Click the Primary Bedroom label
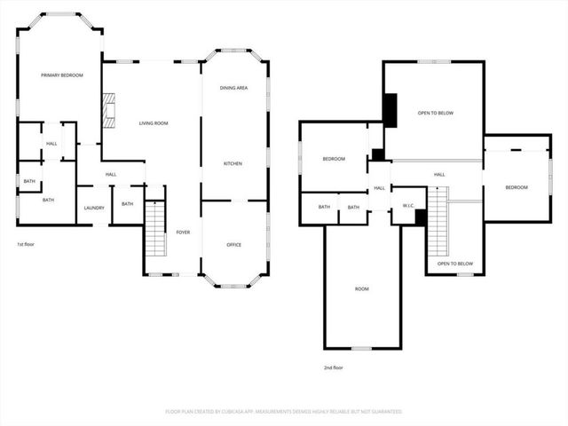(61, 75)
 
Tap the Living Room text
(154, 123)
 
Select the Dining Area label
(233, 88)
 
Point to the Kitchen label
(233, 164)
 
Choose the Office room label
(234, 244)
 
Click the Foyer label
(183, 232)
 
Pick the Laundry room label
(94, 209)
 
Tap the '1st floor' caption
(27, 244)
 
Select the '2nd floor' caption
(334, 367)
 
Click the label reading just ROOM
(361, 288)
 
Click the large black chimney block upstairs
(390, 110)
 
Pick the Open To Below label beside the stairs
(454, 264)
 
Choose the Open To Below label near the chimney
(436, 114)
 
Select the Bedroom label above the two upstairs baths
(334, 159)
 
